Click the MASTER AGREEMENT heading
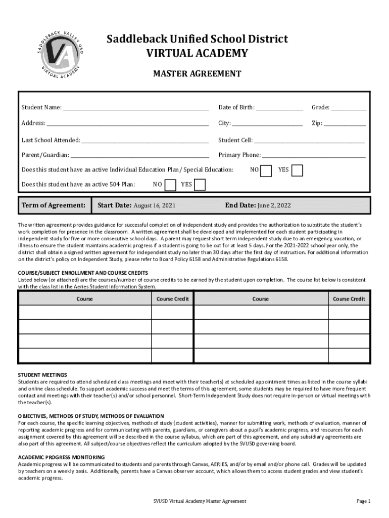(197, 74)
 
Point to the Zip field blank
(345, 123)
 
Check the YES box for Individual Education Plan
(298, 170)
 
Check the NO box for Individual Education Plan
(266, 170)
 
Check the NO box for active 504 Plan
(171, 185)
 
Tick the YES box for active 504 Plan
(200, 185)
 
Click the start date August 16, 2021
(155, 205)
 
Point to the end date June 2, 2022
(274, 205)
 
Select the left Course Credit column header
(172, 299)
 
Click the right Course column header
(261, 299)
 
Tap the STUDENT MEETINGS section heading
(42, 375)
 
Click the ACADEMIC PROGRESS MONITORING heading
(61, 457)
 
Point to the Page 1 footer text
(363, 501)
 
